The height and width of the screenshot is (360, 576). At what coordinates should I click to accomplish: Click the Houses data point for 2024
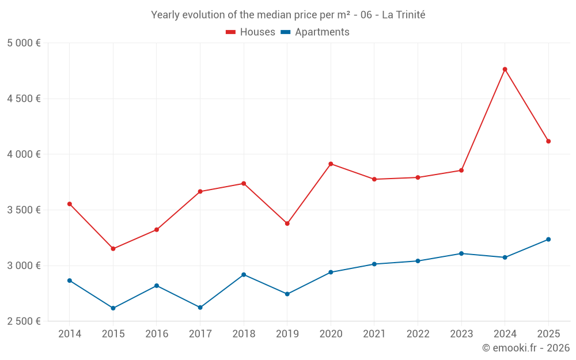click(505, 69)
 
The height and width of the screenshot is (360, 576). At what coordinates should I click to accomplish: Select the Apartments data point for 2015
click(113, 308)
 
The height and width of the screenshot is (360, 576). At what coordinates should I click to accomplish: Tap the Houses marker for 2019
click(287, 223)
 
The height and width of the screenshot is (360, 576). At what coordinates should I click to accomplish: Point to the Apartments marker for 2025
click(548, 240)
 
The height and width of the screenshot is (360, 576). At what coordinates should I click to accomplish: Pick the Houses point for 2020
click(331, 164)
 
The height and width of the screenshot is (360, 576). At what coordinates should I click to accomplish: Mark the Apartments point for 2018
click(244, 275)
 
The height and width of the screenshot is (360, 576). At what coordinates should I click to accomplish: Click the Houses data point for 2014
click(70, 204)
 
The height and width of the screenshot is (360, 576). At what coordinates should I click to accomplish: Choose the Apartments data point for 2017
click(200, 308)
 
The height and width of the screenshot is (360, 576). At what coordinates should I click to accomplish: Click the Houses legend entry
click(251, 32)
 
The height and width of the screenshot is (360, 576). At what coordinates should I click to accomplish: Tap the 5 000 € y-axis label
click(24, 43)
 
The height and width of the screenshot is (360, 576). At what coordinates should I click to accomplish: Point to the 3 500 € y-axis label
click(24, 210)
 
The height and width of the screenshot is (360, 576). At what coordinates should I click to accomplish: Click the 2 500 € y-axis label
click(24, 321)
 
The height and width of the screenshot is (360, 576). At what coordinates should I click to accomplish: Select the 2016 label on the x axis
click(157, 334)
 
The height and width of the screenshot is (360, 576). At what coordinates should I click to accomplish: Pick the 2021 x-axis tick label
click(374, 334)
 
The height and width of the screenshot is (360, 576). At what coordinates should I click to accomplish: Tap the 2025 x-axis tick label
click(548, 334)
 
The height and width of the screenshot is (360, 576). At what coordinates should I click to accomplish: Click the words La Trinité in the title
click(403, 15)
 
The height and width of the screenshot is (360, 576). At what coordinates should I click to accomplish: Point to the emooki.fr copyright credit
click(525, 348)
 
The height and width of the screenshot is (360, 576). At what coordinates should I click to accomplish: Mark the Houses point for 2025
click(548, 141)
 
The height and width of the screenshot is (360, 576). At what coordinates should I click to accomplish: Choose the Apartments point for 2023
click(461, 253)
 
